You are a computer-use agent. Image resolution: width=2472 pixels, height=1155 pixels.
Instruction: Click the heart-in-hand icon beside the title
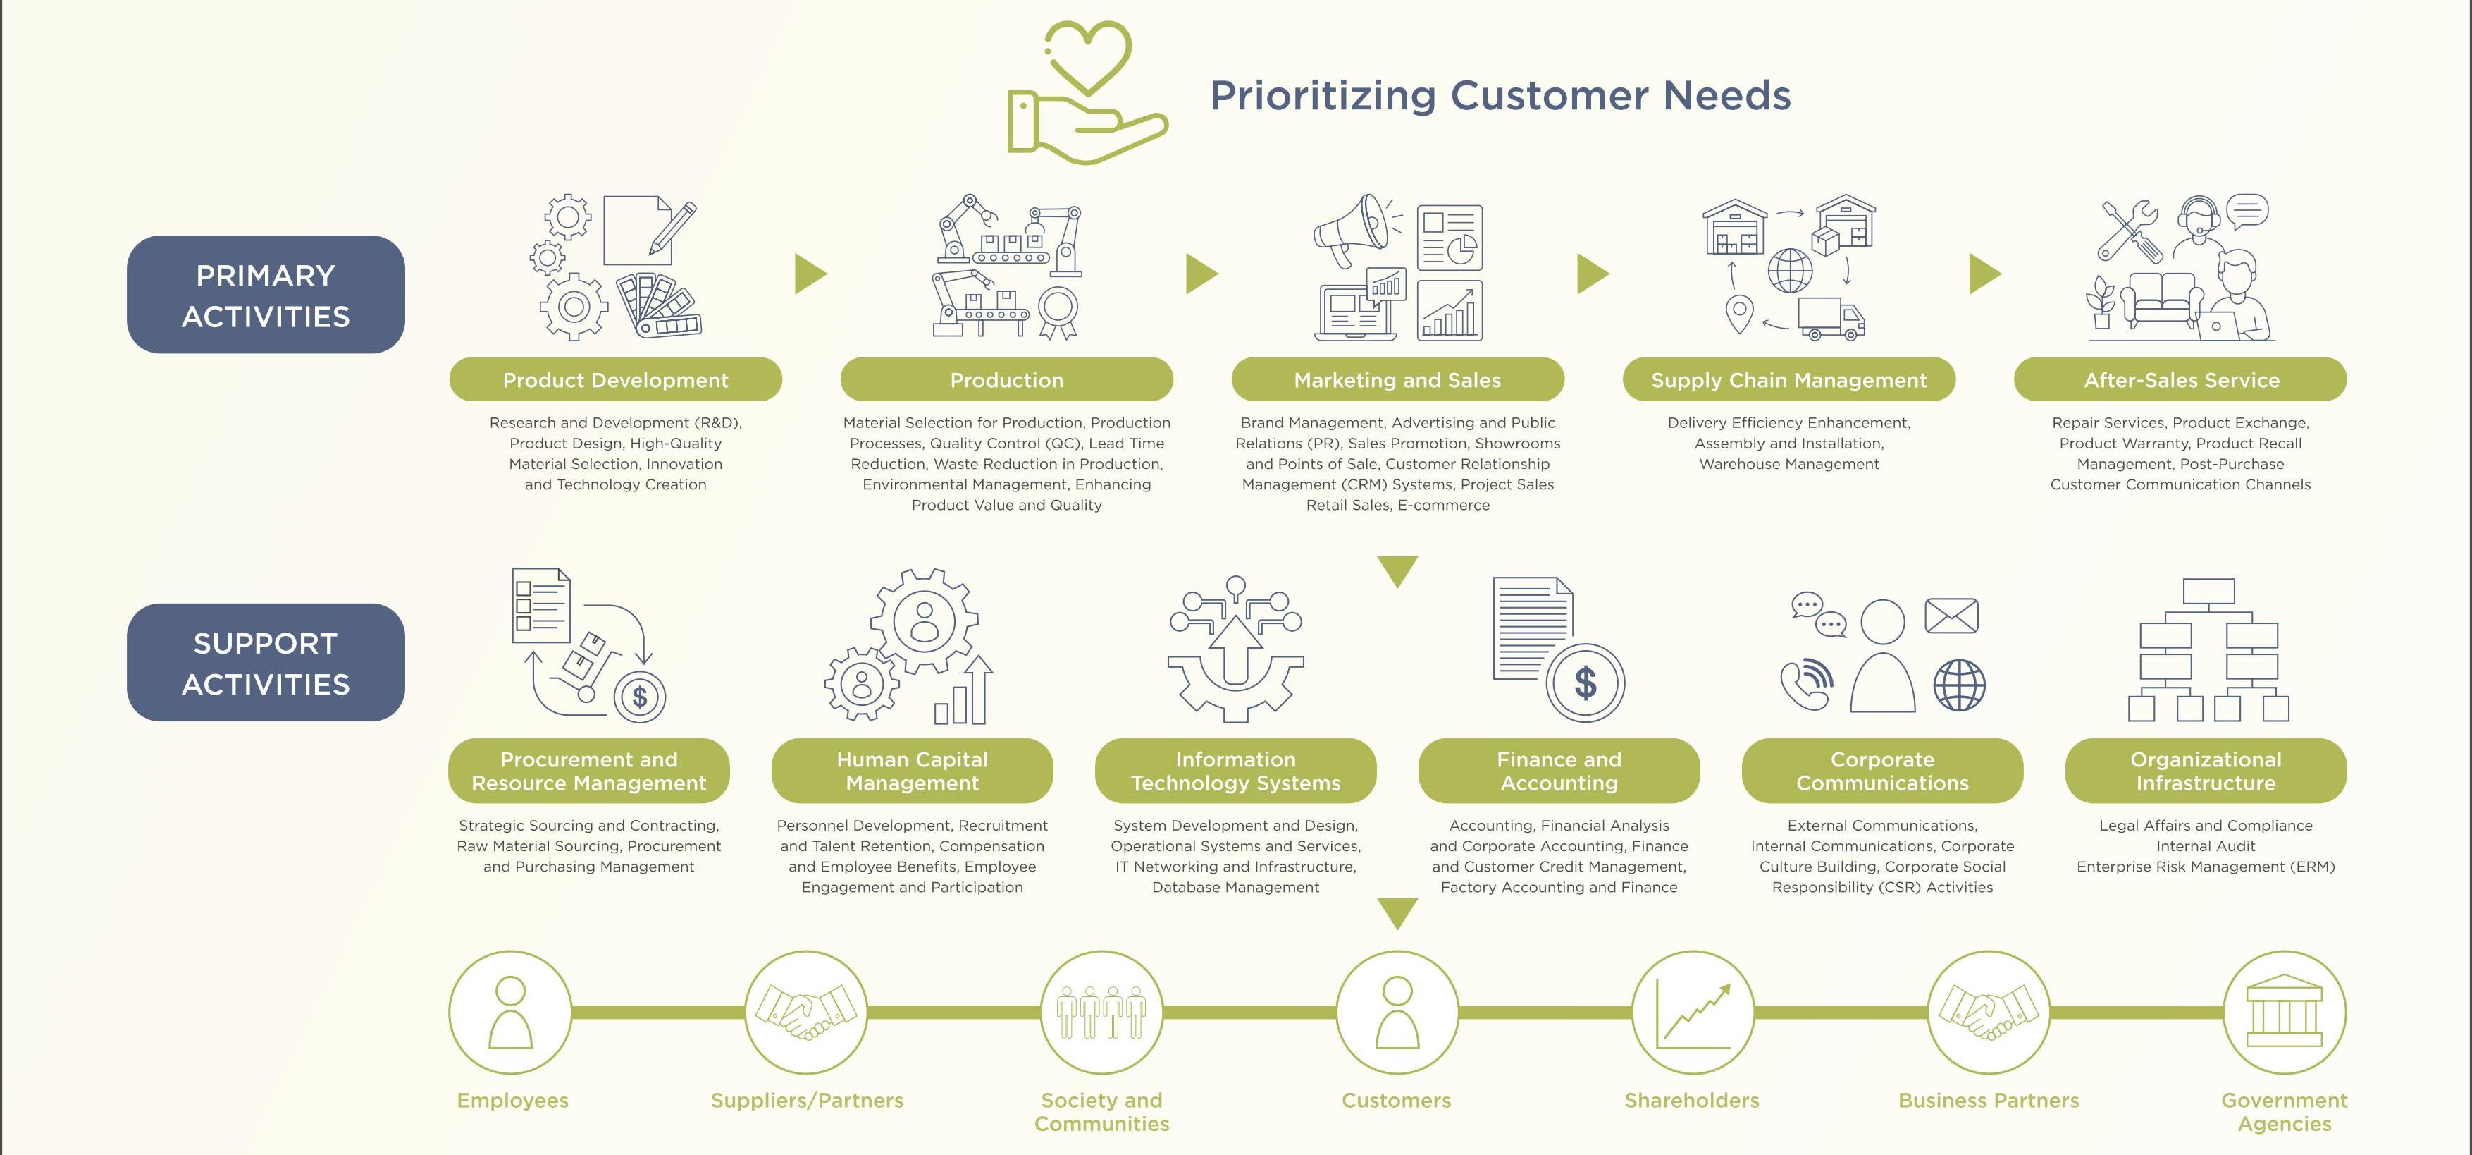1087,92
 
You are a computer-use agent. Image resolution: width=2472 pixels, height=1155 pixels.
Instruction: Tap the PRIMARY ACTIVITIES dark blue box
266,295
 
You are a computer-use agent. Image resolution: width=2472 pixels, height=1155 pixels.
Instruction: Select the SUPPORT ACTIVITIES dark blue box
266,663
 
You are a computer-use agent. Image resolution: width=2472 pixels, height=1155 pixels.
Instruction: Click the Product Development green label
615,379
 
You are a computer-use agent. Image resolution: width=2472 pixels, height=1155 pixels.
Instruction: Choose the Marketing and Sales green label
1397,379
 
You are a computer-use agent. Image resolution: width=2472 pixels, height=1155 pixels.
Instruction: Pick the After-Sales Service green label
2180,379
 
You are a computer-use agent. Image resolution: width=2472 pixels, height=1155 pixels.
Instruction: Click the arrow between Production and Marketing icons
1201,274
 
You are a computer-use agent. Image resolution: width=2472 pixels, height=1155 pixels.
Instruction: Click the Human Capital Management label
912,771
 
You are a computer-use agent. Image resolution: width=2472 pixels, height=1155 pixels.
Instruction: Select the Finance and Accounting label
1559,771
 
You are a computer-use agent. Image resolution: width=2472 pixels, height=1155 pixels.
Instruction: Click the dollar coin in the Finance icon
1586,683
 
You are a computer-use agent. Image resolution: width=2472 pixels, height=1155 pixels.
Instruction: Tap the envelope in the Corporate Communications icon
1951,616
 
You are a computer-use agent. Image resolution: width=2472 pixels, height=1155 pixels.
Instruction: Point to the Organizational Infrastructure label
2205,771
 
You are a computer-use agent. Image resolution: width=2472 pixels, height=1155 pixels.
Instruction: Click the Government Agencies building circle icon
2285,1012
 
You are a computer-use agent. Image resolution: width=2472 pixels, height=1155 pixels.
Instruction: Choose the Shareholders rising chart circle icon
1693,1012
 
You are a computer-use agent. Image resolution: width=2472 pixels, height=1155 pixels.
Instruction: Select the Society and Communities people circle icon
1101,1012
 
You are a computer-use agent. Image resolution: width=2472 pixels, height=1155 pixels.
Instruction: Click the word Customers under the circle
1396,1100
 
